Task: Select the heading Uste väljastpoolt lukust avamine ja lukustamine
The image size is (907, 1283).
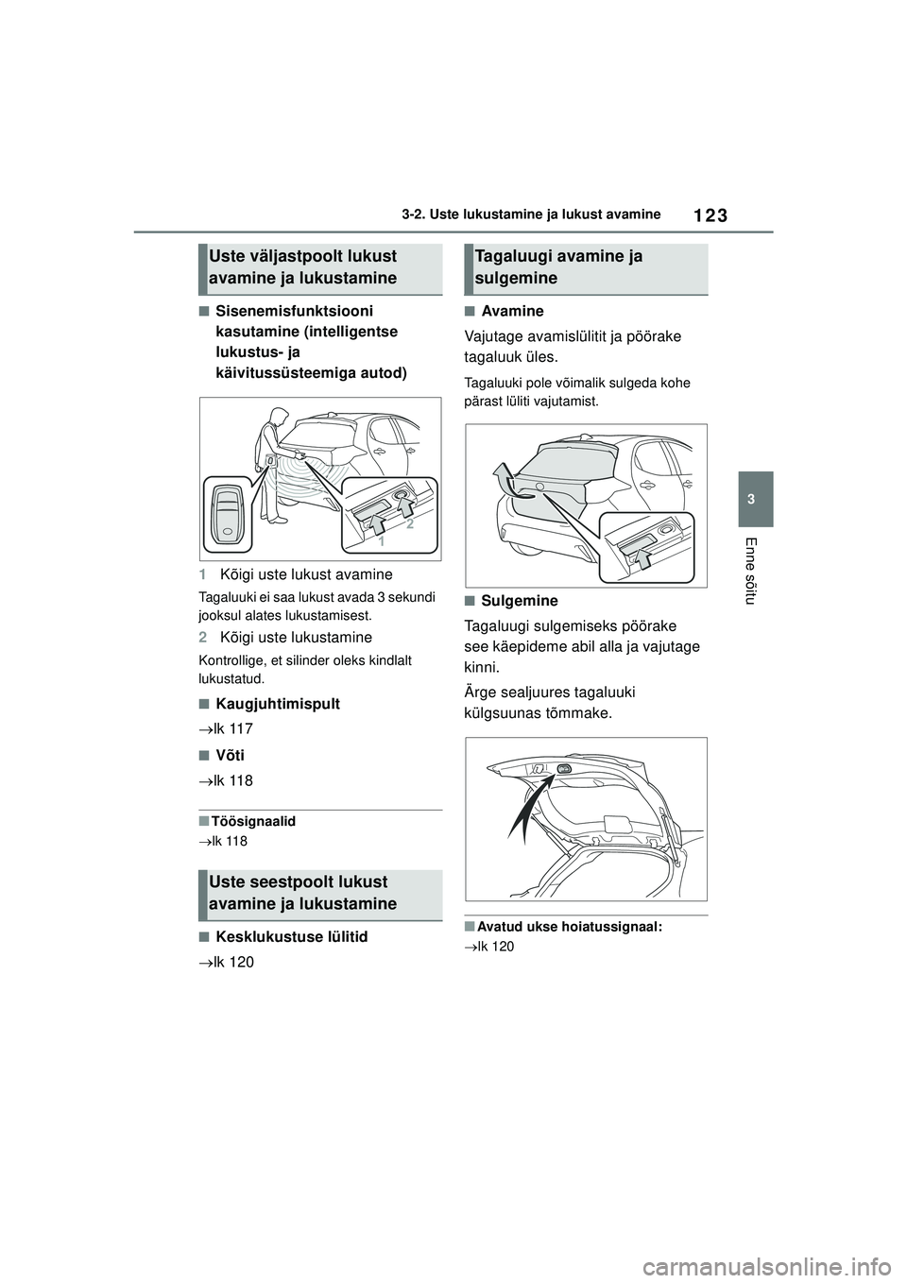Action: click(302, 267)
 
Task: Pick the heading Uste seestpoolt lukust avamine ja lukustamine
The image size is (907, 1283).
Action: click(302, 893)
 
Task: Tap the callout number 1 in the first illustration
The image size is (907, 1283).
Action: click(380, 543)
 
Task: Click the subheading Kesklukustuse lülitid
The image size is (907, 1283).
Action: click(292, 937)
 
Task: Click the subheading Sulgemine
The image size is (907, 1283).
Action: click(519, 601)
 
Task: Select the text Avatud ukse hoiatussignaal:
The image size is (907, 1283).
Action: click(570, 927)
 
